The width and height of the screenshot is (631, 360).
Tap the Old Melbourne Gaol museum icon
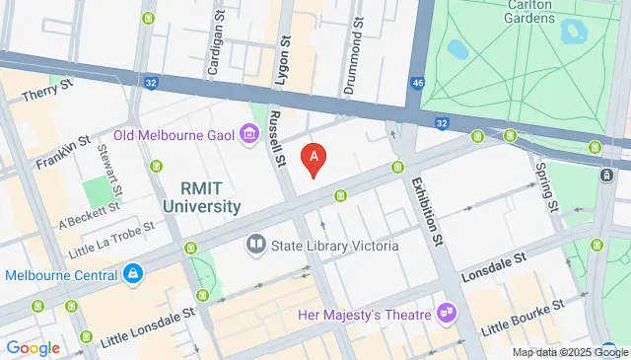tap(248, 134)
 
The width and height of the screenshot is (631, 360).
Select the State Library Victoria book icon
tap(255, 243)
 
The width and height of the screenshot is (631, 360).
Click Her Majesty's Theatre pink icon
tap(449, 314)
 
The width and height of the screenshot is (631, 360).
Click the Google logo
tap(33, 347)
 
